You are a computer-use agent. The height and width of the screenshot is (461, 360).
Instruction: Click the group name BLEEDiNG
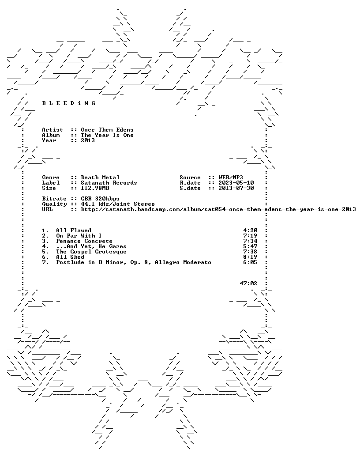click(x=69, y=103)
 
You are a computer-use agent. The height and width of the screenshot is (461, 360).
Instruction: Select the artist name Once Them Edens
click(x=107, y=130)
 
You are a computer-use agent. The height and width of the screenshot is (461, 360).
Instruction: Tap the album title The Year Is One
click(x=107, y=135)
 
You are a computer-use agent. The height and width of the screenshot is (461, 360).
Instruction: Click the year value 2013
click(x=88, y=140)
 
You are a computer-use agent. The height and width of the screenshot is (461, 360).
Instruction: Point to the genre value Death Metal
click(x=101, y=177)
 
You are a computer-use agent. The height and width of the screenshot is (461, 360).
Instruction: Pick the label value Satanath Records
click(x=109, y=182)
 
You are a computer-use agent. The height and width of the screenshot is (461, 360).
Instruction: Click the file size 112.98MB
click(x=95, y=188)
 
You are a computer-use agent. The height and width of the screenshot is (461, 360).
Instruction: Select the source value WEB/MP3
click(x=231, y=177)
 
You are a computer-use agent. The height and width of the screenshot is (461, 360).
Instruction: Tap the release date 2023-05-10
click(x=236, y=182)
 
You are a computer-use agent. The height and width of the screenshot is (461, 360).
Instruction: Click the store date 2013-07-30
click(x=236, y=188)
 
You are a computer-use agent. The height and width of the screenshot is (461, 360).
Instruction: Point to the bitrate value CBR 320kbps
click(x=100, y=198)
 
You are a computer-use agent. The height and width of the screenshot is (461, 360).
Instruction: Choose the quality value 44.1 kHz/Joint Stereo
click(x=118, y=204)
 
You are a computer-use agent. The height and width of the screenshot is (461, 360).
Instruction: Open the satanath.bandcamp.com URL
click(x=218, y=209)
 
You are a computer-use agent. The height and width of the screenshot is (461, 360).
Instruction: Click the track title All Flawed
click(x=74, y=230)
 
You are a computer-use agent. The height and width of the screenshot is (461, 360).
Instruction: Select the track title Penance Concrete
click(x=84, y=241)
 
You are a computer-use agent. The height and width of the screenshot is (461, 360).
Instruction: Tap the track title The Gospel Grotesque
click(x=91, y=251)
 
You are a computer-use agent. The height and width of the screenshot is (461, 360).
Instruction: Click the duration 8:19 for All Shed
click(x=250, y=257)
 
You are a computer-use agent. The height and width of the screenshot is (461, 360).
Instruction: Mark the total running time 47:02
click(x=248, y=283)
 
